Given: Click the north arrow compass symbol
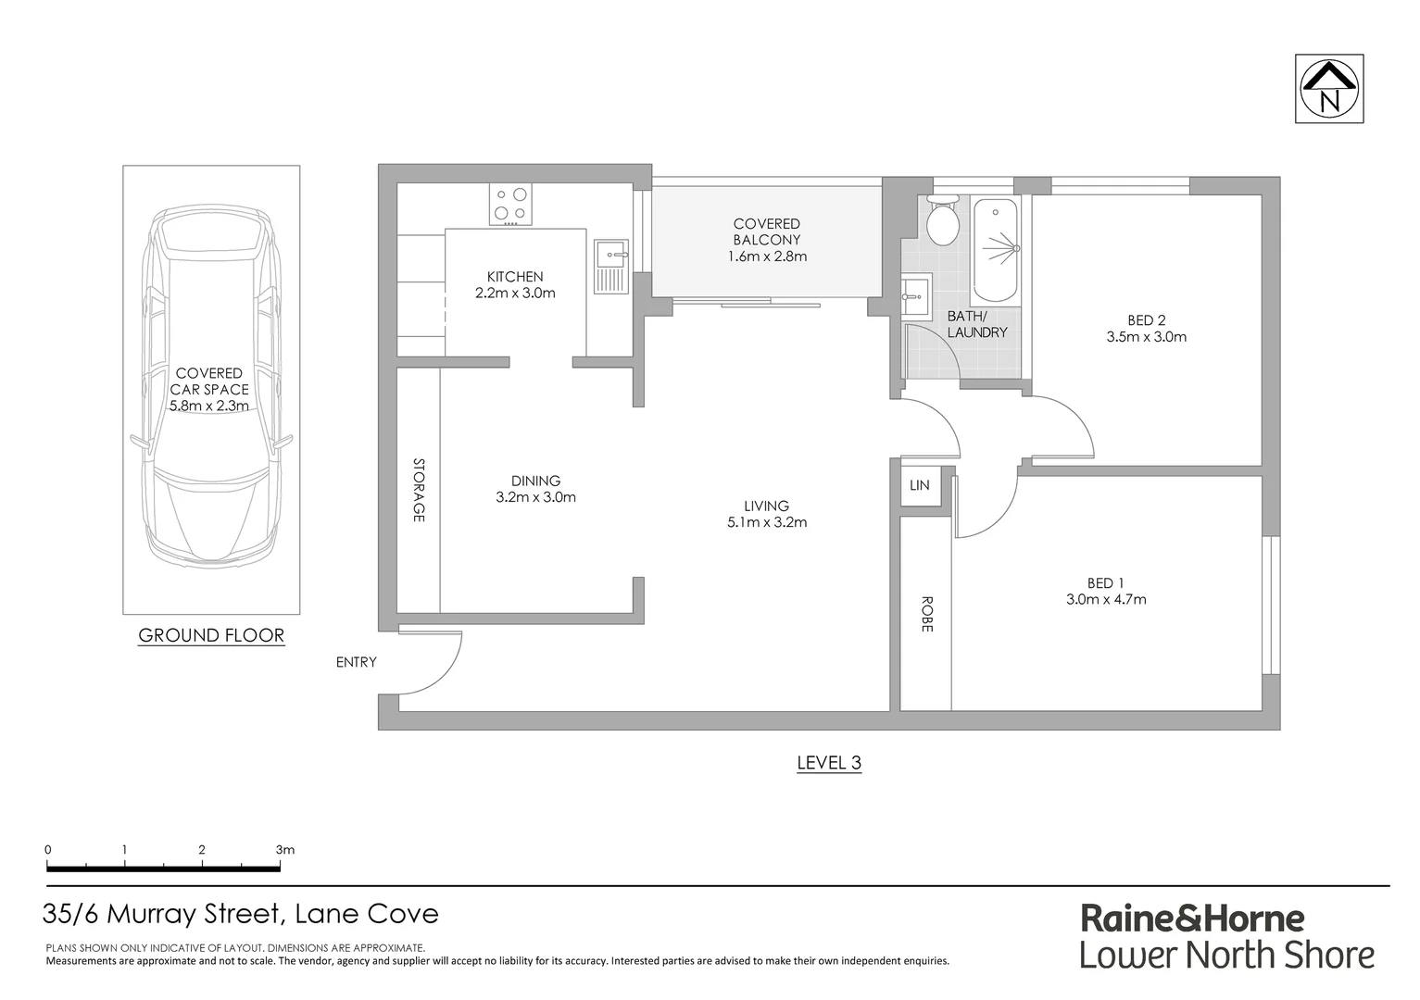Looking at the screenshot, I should pos(1329,89).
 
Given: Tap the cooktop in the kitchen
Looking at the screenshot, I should pos(510,205).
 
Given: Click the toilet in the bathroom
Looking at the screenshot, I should pos(944,222).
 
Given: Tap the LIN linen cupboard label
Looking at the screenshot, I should pos(920,485).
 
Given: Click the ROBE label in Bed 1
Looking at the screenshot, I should pos(926,613).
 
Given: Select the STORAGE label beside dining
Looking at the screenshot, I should pos(419,490).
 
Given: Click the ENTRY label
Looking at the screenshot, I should pos(357,662).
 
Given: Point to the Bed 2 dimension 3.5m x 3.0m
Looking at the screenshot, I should pos(1146,337).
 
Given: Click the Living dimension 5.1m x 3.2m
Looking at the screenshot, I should pos(766,522).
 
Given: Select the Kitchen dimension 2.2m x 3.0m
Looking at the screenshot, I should pos(515,294).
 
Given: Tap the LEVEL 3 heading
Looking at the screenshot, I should pos(829,763).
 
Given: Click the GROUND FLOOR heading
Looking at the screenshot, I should pos(211,635).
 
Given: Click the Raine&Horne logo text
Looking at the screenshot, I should pos(1193,919).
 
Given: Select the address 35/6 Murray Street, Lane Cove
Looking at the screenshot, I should pos(241,915).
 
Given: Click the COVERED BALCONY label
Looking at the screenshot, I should pos(766,231).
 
